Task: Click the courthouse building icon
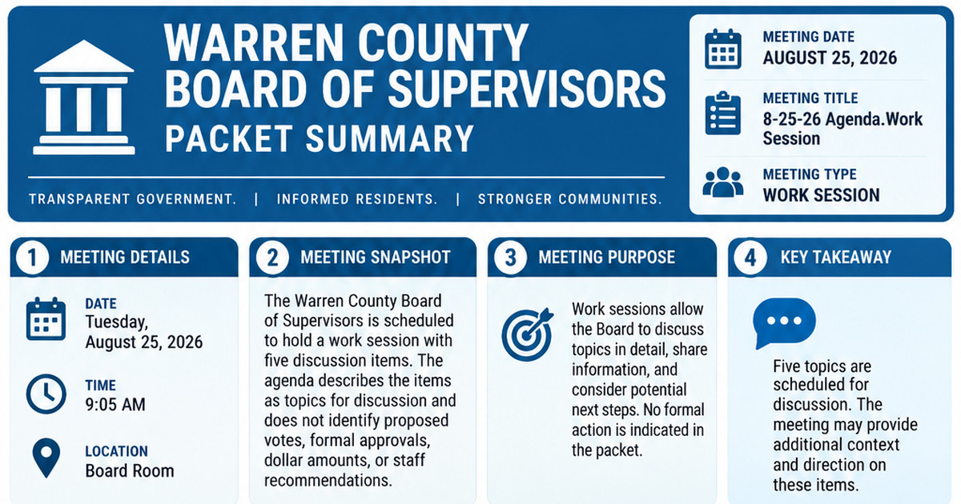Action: click(84, 98)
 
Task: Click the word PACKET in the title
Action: click(229, 139)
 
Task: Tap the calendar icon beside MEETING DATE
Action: click(723, 49)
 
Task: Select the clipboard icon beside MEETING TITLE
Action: click(723, 113)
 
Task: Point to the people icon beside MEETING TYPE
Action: click(723, 182)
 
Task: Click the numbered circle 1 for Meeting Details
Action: click(32, 258)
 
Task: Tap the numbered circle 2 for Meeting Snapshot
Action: click(272, 258)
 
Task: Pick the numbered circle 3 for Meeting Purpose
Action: click(510, 258)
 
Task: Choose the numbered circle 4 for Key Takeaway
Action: click(750, 258)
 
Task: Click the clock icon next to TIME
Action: click(46, 394)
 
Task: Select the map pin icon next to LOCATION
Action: click(46, 458)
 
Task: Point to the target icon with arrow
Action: click(527, 334)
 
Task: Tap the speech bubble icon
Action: click(784, 322)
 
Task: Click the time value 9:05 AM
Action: click(115, 405)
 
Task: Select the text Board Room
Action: click(130, 471)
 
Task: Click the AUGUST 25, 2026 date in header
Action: click(830, 58)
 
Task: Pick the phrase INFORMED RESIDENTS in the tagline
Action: click(357, 199)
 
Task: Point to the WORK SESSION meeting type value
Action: click(821, 195)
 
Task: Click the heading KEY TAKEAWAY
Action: click(836, 258)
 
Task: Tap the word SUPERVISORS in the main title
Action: click(527, 89)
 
